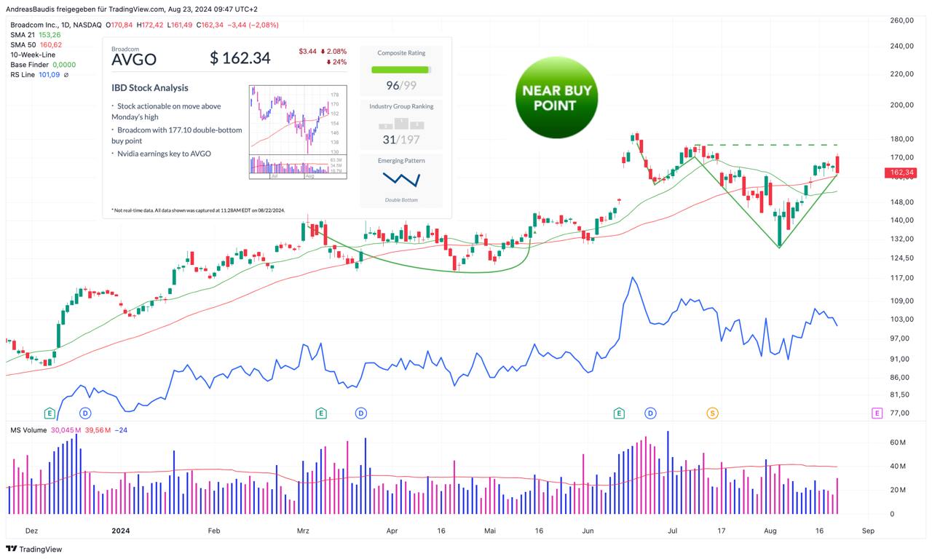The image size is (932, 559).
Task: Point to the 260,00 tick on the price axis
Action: (901, 20)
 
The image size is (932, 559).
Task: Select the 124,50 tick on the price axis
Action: (901, 258)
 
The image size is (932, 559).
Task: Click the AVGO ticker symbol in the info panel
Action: (134, 59)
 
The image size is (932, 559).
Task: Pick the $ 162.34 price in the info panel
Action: (240, 58)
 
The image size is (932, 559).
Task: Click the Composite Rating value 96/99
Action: (401, 85)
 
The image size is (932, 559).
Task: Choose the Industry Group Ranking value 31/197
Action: (401, 139)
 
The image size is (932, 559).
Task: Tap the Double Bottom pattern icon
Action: (401, 178)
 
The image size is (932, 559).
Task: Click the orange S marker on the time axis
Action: (712, 413)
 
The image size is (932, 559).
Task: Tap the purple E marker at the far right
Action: (877, 413)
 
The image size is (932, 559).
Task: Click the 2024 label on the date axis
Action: (121, 531)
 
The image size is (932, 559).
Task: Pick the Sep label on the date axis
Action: (868, 531)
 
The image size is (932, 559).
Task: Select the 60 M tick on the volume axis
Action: (898, 443)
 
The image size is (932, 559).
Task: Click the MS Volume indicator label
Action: (28, 430)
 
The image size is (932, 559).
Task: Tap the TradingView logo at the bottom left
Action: (34, 549)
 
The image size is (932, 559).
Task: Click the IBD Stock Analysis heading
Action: (150, 88)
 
